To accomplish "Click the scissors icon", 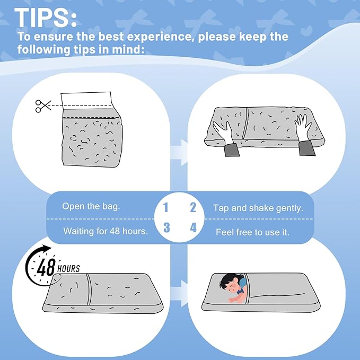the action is [43, 106].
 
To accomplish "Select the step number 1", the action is [166, 207].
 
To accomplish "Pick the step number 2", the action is [193, 207].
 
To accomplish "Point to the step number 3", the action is [166, 227].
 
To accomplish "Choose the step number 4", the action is [194, 227].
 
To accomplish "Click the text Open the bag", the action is [91, 206].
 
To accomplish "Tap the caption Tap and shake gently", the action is [258, 208].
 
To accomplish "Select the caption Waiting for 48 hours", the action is [106, 231].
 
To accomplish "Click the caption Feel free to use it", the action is [252, 232].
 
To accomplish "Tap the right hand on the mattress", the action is [303, 127].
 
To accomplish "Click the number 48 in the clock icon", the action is [46, 267].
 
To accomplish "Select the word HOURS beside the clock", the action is [68, 269].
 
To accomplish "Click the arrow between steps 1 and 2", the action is [179, 153].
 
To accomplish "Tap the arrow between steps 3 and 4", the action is [179, 293].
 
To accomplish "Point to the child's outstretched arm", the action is [236, 298].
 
